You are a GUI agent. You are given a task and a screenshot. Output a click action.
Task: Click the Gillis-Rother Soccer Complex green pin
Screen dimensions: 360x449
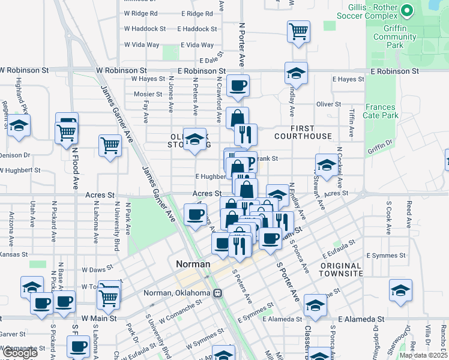click(x=407, y=11)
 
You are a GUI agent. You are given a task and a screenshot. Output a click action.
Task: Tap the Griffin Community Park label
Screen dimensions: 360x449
click(x=394, y=37)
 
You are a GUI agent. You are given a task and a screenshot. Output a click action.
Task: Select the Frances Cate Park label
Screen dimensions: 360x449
click(x=381, y=111)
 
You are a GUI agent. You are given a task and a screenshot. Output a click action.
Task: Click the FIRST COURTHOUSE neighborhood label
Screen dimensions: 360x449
click(x=303, y=132)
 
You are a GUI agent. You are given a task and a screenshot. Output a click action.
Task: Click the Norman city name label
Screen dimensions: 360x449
click(x=193, y=264)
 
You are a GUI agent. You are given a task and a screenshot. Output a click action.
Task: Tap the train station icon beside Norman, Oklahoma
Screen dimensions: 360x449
click(x=217, y=293)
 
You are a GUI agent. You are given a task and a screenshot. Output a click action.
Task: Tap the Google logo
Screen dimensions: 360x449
click(x=20, y=353)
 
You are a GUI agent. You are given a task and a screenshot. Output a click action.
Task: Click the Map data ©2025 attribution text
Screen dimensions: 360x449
click(x=424, y=355)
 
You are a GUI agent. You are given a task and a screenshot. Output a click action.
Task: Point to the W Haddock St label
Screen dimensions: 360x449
click(x=145, y=29)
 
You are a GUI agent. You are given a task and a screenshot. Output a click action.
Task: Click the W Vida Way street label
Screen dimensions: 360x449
click(x=142, y=45)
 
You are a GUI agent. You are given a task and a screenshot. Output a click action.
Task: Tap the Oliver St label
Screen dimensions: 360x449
click(x=328, y=104)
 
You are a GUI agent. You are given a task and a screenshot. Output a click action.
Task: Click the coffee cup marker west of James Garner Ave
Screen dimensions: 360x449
click(x=194, y=214)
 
